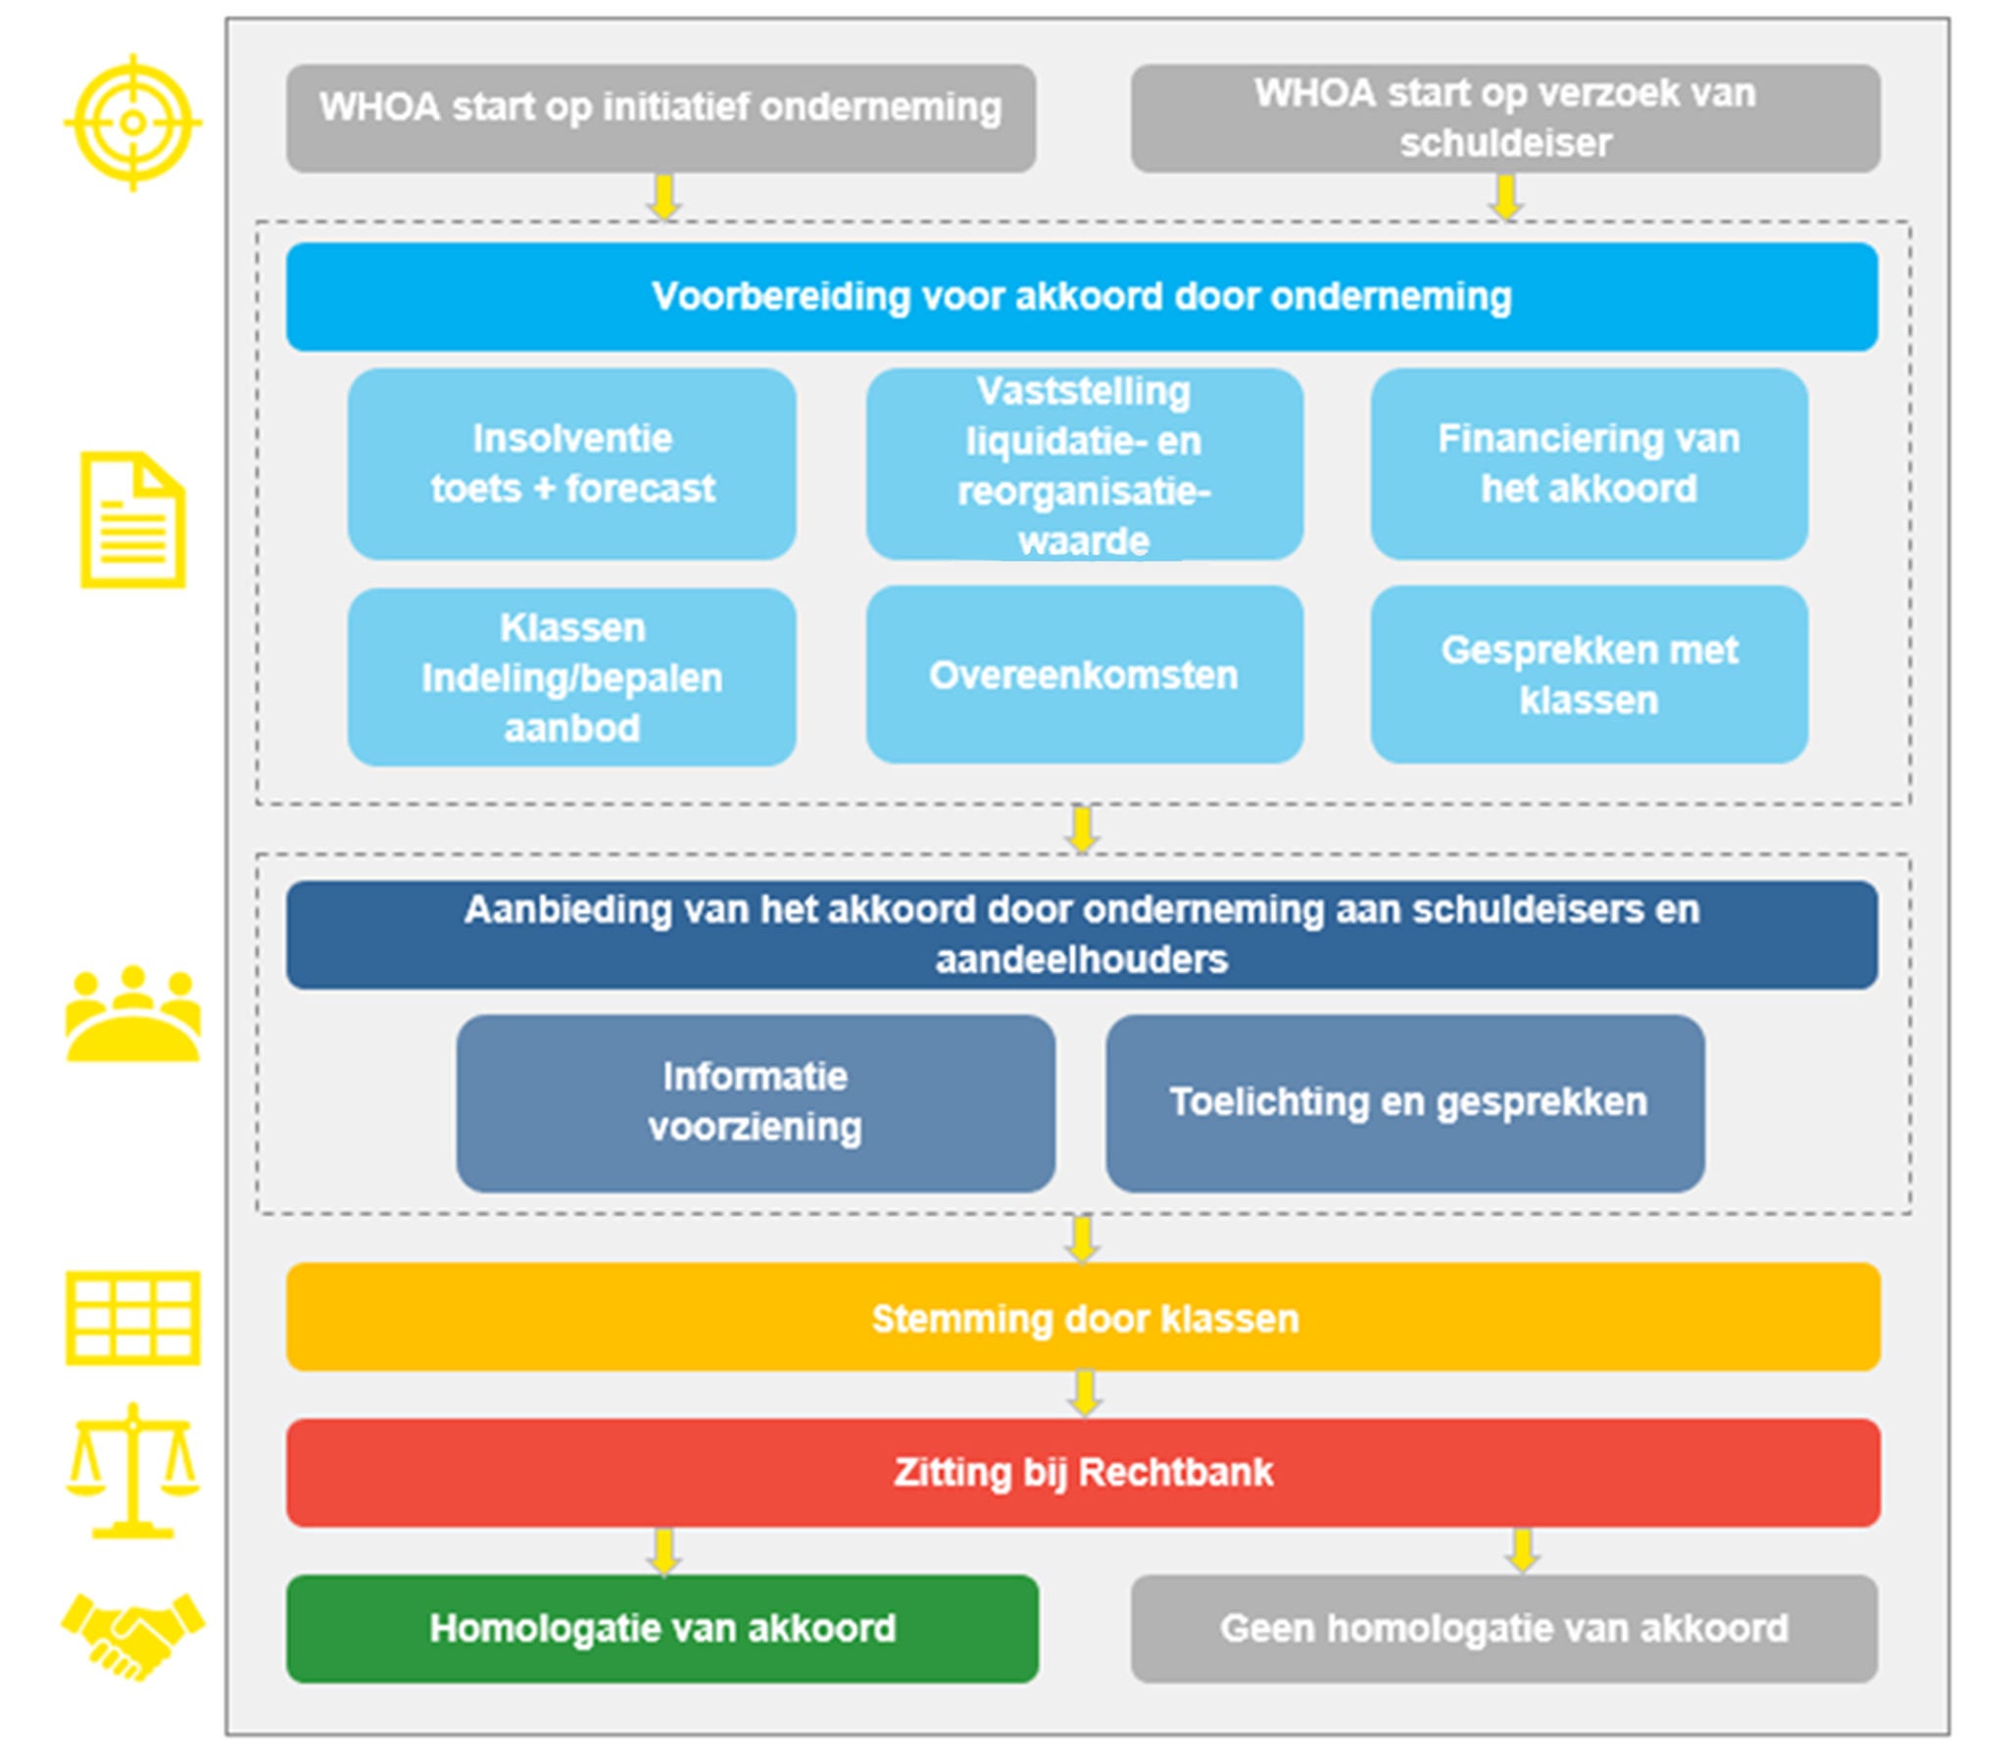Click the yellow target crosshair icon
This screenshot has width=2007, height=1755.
tap(133, 122)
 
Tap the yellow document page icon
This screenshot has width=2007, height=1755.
tap(133, 520)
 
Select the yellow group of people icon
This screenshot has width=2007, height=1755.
tap(133, 1015)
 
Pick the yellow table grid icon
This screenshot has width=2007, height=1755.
tap(133, 1318)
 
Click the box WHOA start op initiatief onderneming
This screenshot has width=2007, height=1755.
tap(661, 119)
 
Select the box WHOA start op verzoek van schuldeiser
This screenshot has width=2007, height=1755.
tap(1504, 119)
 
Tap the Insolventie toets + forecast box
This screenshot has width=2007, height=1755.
tap(572, 463)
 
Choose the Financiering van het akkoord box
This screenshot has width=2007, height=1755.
tap(1589, 463)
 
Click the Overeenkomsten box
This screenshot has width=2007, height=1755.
tap(1084, 675)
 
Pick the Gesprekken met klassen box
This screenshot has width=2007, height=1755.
tap(1589, 675)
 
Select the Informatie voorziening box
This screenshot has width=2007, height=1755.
tap(755, 1102)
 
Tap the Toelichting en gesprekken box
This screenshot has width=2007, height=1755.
tap(1405, 1102)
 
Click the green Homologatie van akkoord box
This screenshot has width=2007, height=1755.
tap(662, 1629)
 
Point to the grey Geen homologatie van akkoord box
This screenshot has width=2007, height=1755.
tap(1504, 1629)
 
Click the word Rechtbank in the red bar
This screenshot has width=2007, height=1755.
tap(1176, 1472)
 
